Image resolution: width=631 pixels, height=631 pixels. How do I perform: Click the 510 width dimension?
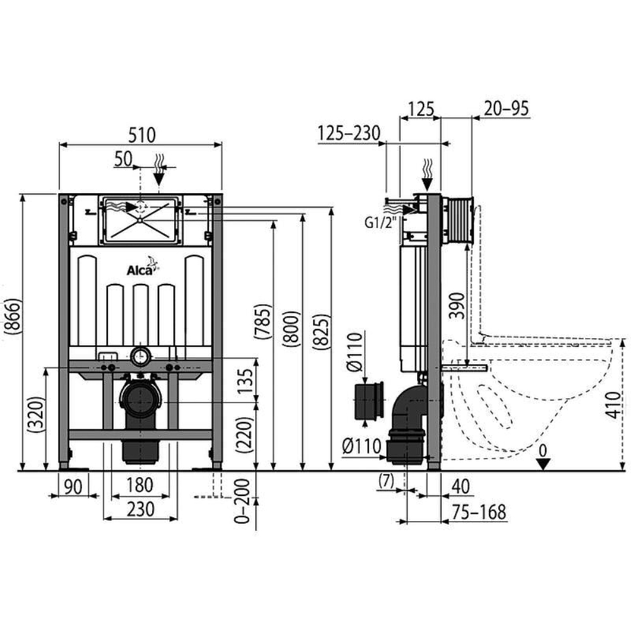[141, 134]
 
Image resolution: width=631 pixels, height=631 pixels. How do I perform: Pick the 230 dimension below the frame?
[139, 509]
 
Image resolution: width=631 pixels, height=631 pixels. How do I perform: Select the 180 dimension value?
[139, 485]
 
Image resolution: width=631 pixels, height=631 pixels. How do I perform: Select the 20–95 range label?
[506, 109]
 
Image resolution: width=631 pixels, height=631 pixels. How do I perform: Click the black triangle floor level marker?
[543, 464]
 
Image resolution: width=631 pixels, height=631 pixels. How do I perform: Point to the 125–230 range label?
[348, 134]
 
